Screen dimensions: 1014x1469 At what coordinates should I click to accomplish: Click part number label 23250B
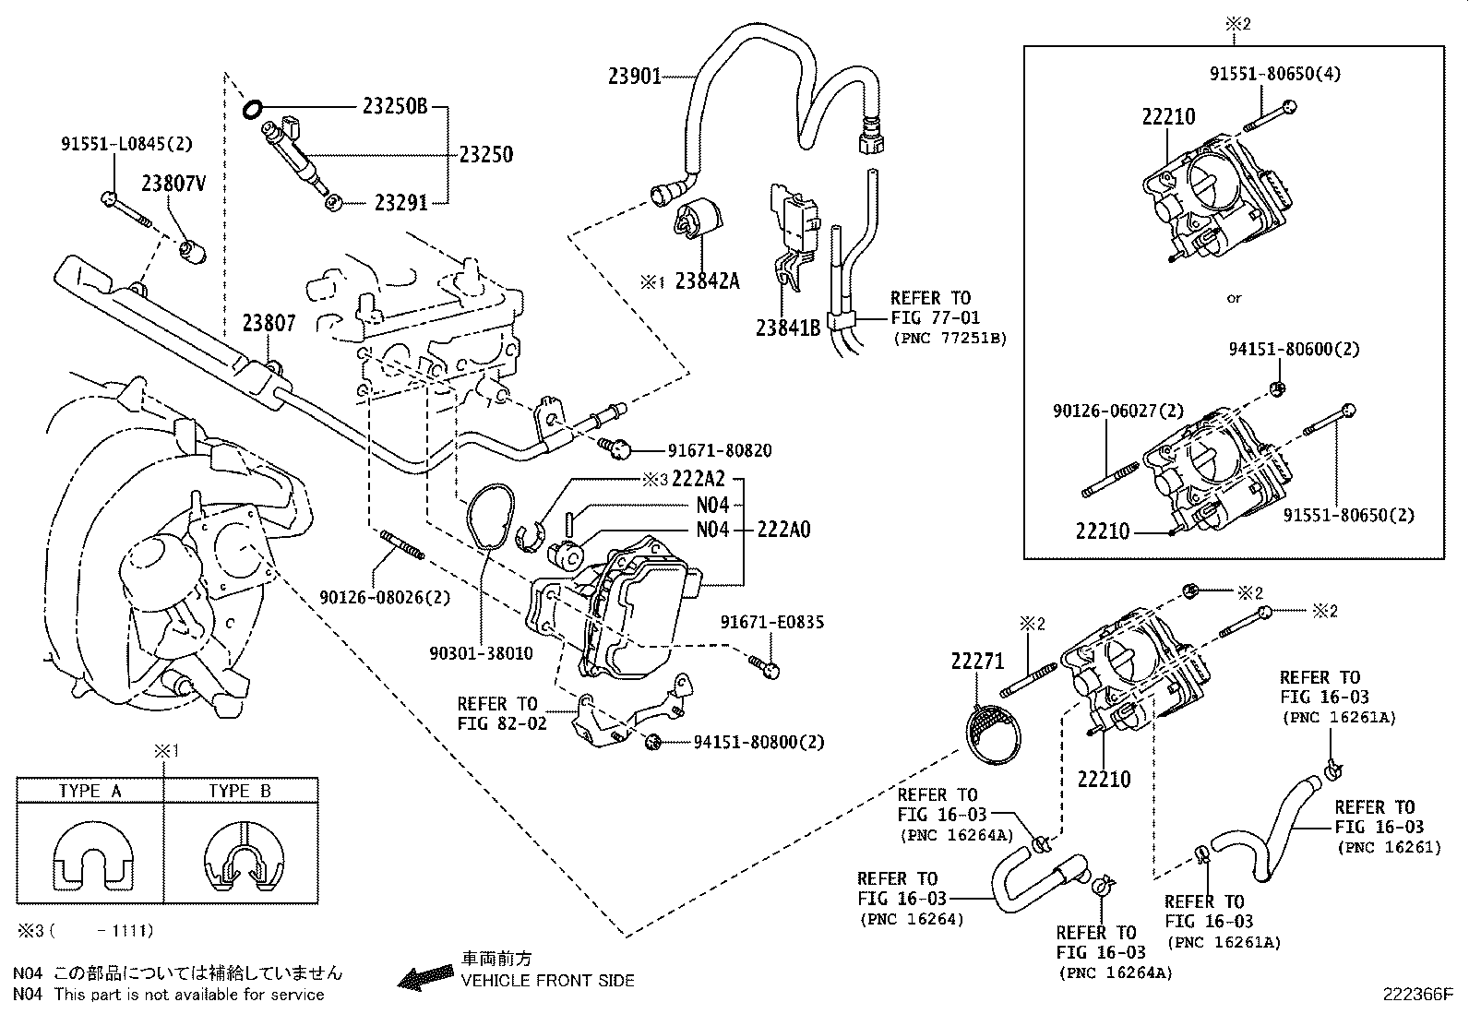coord(394,107)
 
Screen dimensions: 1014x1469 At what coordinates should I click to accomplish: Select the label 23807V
coord(173,184)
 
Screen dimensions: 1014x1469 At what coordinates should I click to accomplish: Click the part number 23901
coord(635,77)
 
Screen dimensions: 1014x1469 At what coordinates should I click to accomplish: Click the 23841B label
coord(788,328)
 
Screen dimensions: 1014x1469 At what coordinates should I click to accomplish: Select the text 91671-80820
coord(720,451)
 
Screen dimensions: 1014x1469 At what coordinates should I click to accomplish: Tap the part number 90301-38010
coord(481,653)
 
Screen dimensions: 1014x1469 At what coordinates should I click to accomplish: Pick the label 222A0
coord(784,530)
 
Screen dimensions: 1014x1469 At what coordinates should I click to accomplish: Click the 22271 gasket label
coord(977,661)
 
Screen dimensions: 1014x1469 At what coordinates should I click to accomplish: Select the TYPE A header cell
coord(90,791)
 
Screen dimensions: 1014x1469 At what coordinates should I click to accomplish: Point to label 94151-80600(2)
coord(1294,350)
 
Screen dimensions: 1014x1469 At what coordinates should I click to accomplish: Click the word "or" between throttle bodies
coord(1234,298)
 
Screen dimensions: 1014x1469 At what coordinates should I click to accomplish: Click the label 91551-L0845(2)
coord(127,144)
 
